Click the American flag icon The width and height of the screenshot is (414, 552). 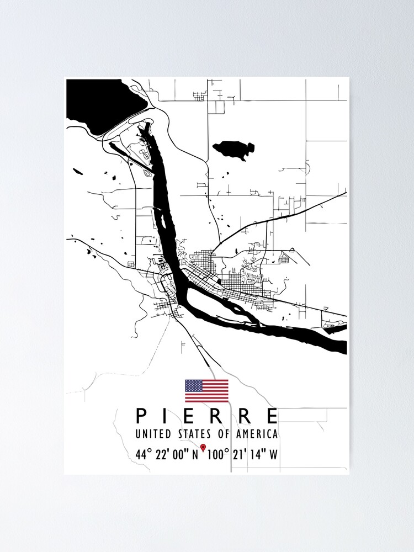[206, 391]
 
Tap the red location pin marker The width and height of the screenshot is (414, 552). [203, 447]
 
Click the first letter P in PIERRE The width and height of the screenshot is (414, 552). [141, 416]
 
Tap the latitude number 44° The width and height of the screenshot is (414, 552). [143, 454]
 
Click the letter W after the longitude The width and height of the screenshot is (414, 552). [273, 454]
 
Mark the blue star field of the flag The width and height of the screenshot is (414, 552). [193, 385]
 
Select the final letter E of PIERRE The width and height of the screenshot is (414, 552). [272, 416]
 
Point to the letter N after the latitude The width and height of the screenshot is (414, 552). [195, 454]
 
